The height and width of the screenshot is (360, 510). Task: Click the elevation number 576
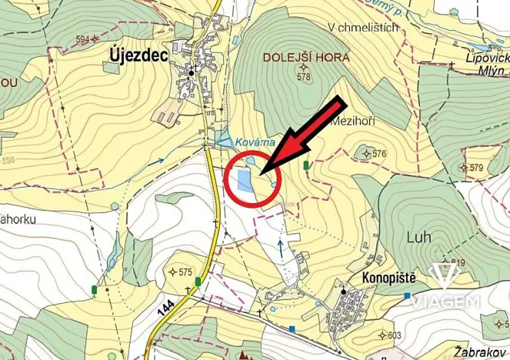click(x=378, y=154)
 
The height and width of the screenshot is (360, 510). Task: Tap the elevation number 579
click(x=476, y=168)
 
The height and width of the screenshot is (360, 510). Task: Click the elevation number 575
click(x=185, y=272)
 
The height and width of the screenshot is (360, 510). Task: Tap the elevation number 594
click(x=83, y=38)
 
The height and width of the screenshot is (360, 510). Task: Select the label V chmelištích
click(x=363, y=28)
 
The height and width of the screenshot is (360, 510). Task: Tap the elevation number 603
click(x=395, y=335)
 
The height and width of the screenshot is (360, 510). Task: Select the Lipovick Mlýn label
click(x=487, y=63)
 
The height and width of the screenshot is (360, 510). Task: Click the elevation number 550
click(x=8, y=161)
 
